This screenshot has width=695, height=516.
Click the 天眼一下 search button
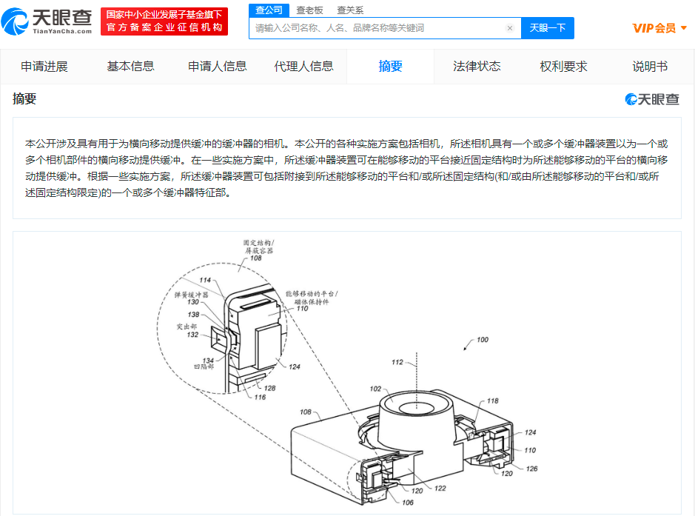[x=547, y=28]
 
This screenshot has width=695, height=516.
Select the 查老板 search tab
[x=309, y=10]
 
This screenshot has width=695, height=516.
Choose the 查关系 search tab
[x=350, y=10]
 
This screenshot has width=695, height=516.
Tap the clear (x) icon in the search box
[x=510, y=28]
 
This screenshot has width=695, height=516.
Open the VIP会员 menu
[x=659, y=28]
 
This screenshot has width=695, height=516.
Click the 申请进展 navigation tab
[x=44, y=67]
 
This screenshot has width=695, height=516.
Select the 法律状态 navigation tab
[x=477, y=67]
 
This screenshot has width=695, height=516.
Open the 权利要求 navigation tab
[x=563, y=67]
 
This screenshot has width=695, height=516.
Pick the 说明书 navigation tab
[x=650, y=67]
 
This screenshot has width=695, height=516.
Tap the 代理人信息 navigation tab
[x=303, y=67]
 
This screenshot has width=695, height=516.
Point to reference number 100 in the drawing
[x=481, y=340]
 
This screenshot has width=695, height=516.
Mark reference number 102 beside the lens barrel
[x=376, y=388]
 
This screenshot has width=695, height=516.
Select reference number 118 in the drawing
[x=493, y=401]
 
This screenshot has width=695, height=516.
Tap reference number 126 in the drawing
[x=531, y=469]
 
